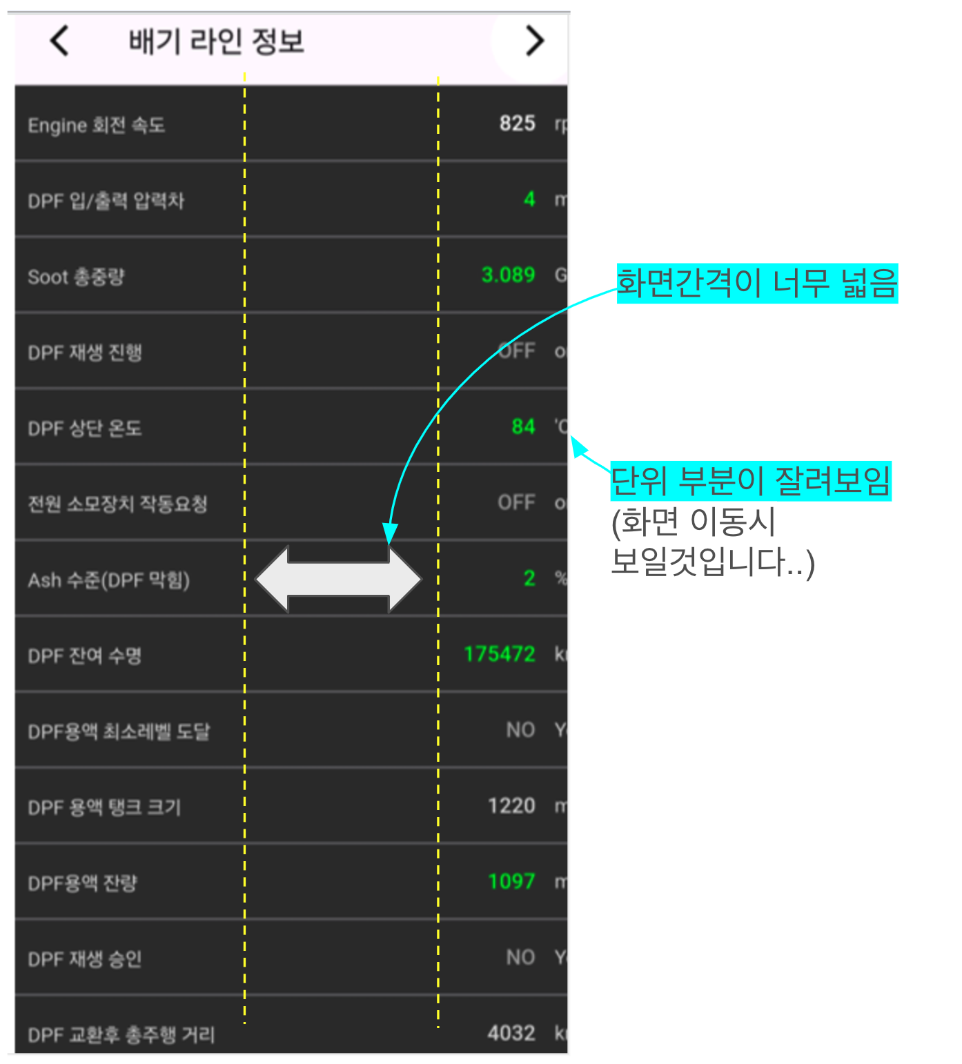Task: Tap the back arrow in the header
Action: (60, 41)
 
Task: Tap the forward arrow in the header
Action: (534, 41)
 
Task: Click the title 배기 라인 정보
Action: (216, 42)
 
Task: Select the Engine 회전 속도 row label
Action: (96, 125)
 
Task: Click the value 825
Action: (517, 124)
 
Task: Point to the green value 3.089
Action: (508, 275)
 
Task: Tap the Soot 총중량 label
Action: (76, 277)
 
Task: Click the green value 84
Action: (523, 426)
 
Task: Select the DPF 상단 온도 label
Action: (84, 428)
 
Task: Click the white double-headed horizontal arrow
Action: (338, 580)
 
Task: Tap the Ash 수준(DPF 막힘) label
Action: (108, 580)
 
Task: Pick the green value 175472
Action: (499, 653)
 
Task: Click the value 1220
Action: (511, 805)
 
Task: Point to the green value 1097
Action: (511, 881)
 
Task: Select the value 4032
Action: (511, 1033)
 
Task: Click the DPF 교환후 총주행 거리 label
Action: (121, 1034)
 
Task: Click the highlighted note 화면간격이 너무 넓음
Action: (756, 283)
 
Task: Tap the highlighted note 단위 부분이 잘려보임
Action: (751, 481)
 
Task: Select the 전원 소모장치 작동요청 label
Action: (117, 504)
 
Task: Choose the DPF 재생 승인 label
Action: (84, 958)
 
